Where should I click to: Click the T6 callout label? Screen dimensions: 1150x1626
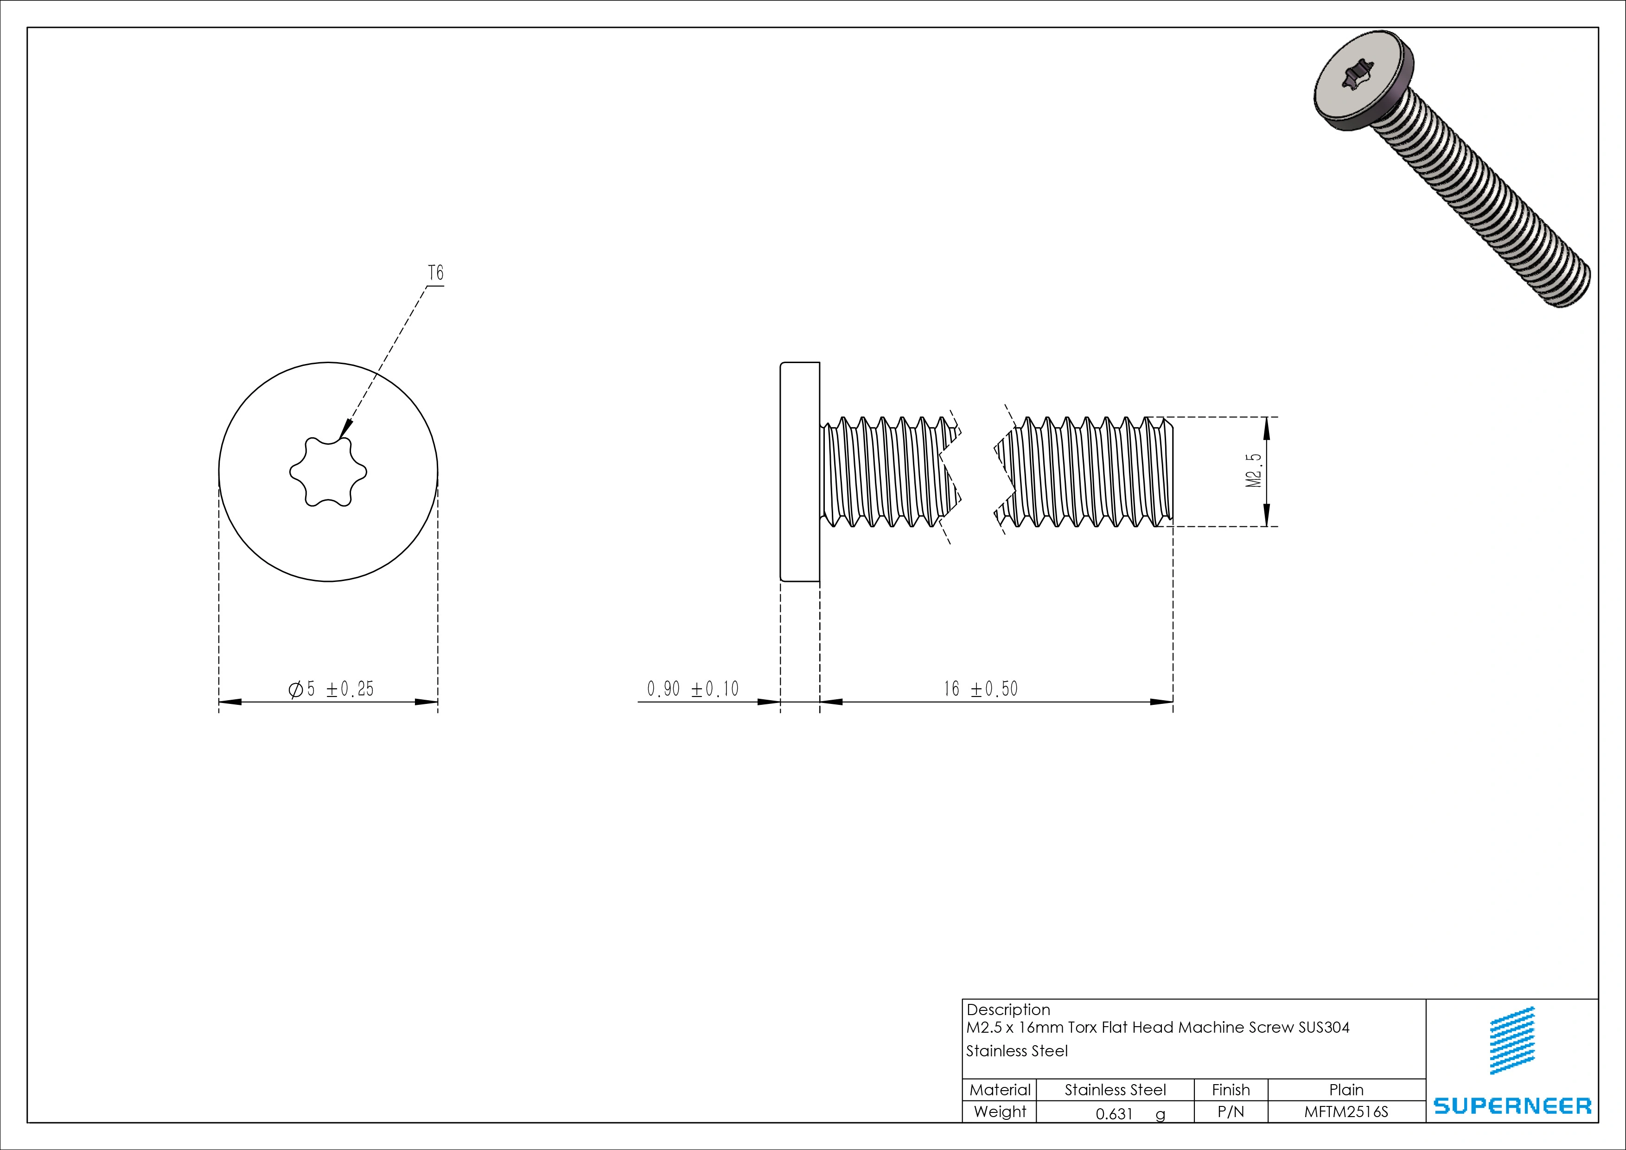point(435,273)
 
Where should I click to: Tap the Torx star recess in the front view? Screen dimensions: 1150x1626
point(328,472)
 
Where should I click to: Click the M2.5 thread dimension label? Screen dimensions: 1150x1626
point(1254,471)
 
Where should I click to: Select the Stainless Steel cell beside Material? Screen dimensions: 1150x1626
point(1115,1090)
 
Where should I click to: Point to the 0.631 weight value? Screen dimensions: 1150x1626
point(1115,1114)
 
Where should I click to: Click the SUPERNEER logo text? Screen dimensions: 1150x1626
point(1512,1105)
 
